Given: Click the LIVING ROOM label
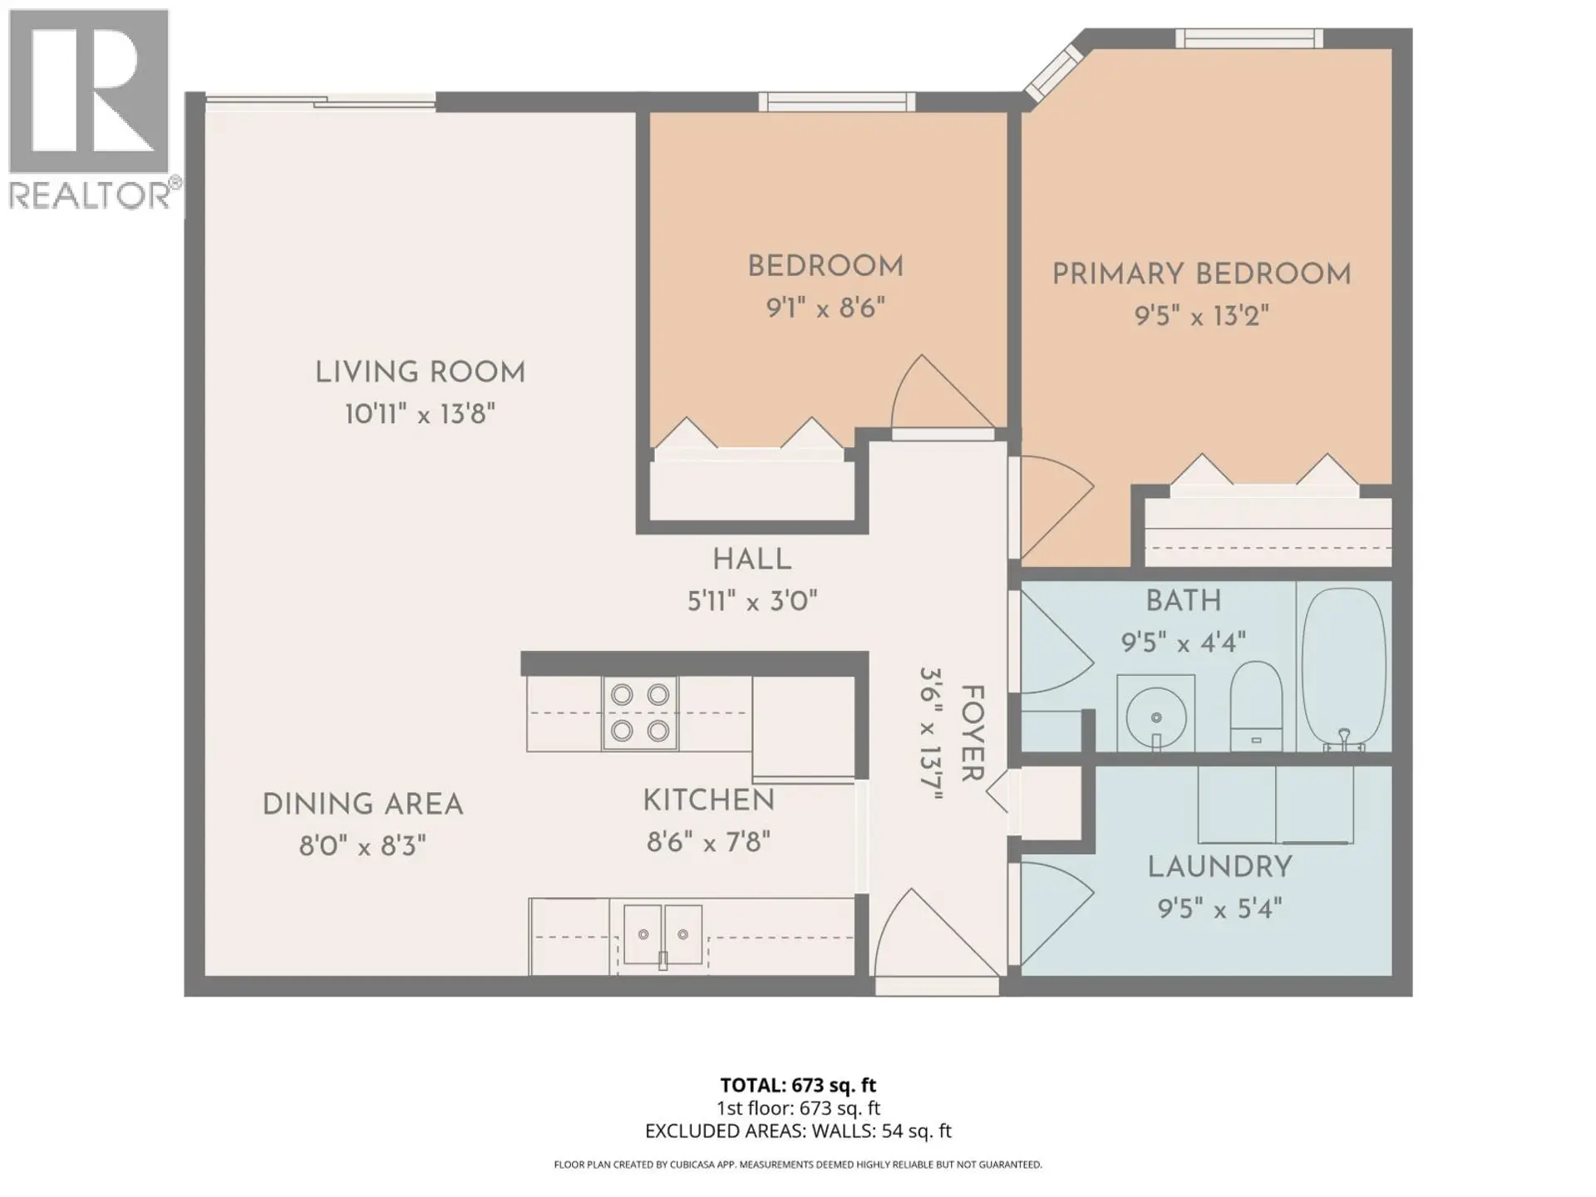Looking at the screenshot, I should coord(420,372).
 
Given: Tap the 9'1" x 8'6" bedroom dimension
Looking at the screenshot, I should coord(825,309).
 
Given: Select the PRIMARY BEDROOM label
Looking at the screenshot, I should coord(1201,274).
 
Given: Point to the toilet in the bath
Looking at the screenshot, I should coord(1255,705).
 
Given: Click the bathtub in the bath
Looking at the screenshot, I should coord(1343,669).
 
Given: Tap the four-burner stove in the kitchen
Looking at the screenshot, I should coord(640,713).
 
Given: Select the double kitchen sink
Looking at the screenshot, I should coord(663,935).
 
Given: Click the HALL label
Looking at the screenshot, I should coord(751,559).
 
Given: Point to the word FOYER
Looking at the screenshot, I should coord(971,733).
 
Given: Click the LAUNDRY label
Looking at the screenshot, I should coord(1219,867).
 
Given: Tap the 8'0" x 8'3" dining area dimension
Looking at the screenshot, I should coord(362,847).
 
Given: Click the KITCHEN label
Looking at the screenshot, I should coord(708,800).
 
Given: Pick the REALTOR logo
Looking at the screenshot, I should coord(90,108).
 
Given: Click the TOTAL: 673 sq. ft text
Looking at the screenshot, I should coord(798,1085).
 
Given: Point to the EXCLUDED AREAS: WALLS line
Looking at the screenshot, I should coord(798,1130).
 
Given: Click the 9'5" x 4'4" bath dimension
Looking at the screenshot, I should coord(1183,643).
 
